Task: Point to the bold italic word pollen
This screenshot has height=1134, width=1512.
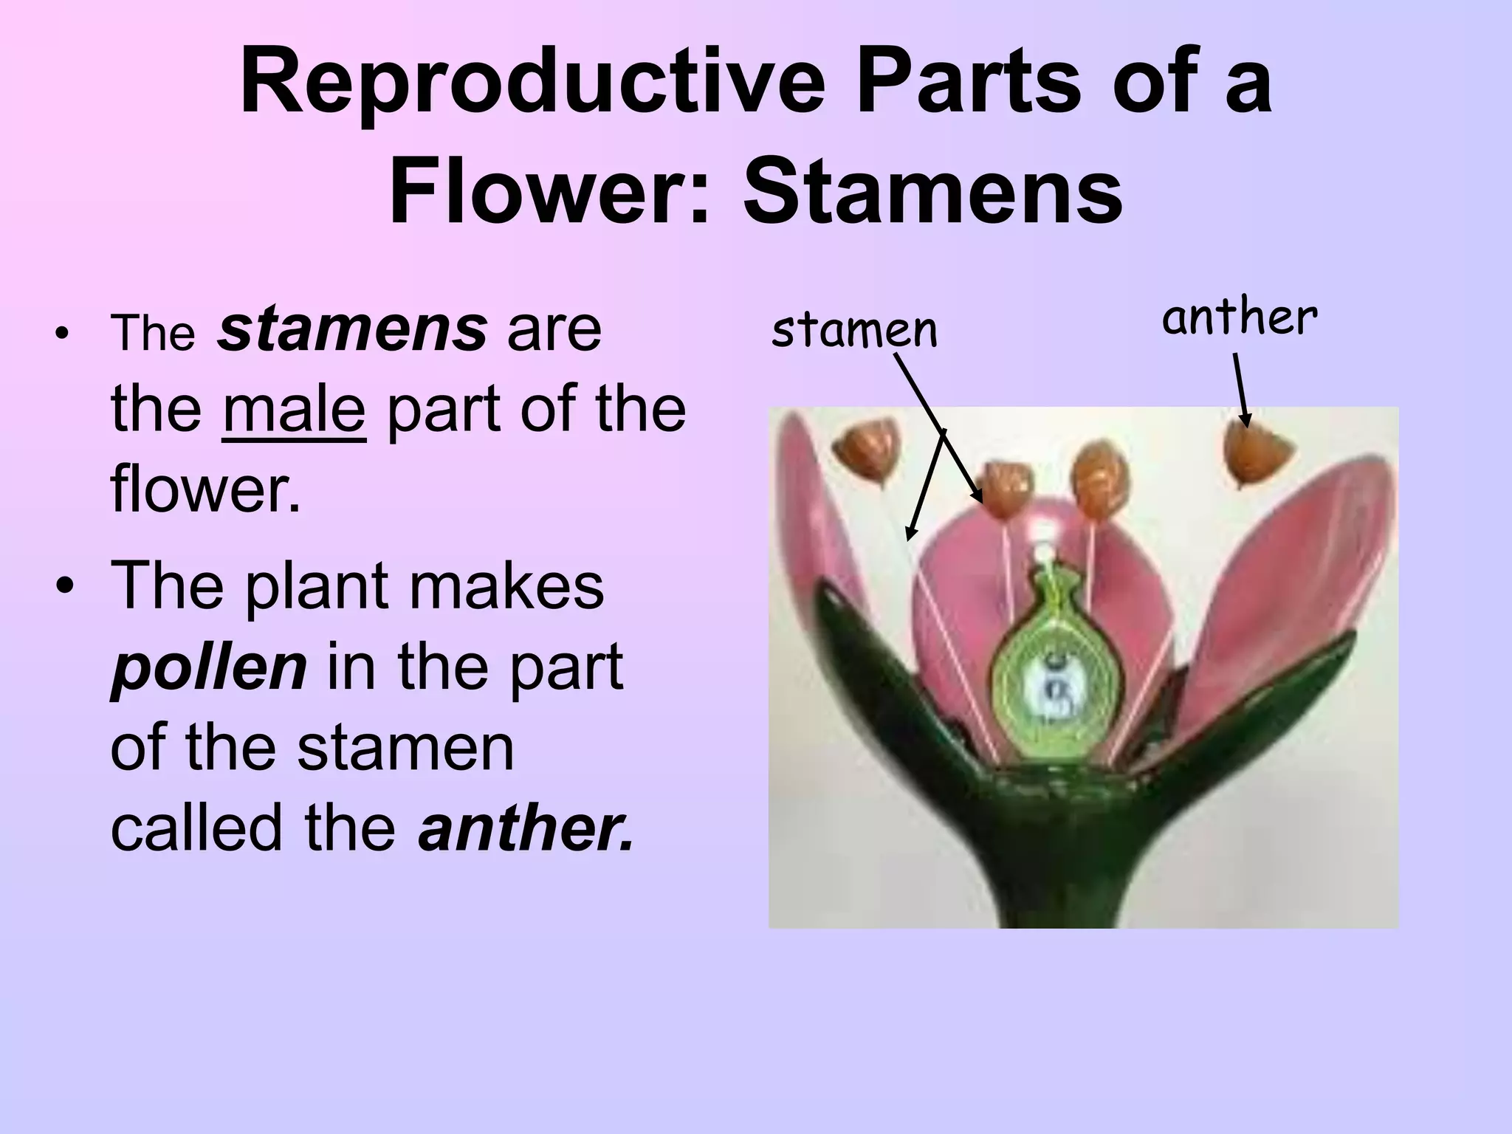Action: coord(208,667)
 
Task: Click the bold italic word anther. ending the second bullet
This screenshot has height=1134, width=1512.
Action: coord(526,827)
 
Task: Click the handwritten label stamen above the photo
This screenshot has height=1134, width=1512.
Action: coord(853,330)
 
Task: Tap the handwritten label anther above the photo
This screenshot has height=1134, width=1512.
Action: coord(1240,319)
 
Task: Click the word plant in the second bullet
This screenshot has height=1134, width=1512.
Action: coord(317,587)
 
